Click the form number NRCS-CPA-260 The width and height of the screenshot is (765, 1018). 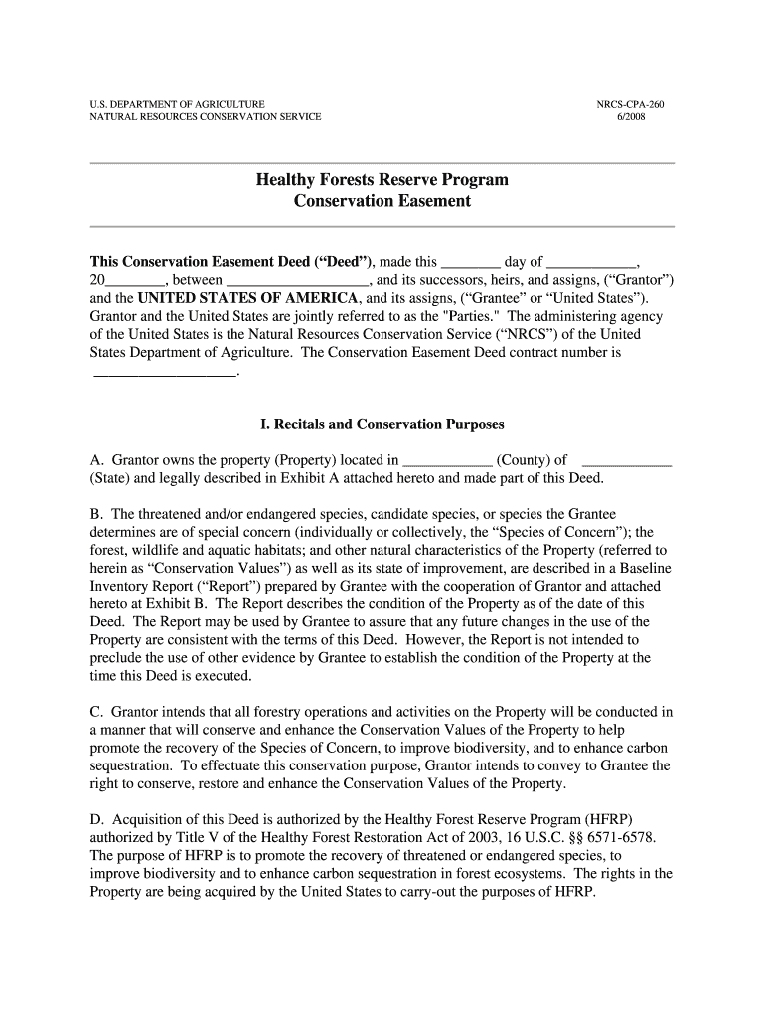point(630,104)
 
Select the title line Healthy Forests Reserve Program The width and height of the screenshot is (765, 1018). point(382,180)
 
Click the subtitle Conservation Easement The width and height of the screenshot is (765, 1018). point(382,201)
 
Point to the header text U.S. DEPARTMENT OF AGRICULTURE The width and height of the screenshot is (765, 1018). point(178,104)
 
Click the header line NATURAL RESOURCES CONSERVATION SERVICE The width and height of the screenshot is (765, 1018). point(206,117)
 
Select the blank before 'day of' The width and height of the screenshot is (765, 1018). point(471,263)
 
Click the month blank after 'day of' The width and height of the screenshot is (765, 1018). point(592,263)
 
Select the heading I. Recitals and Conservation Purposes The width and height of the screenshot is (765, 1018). point(382,424)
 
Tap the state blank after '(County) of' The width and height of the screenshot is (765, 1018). point(626,460)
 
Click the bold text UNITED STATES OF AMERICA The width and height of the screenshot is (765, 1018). point(248,298)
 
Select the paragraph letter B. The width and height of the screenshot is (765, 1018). point(96,514)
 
